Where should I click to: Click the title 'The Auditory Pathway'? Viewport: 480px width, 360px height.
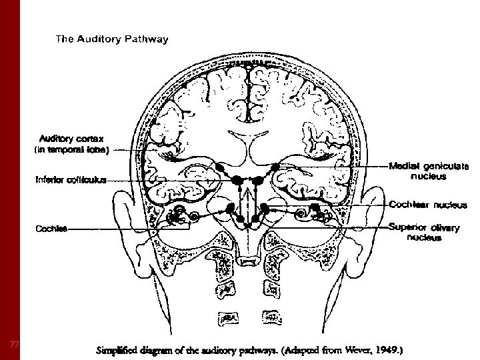click(112, 39)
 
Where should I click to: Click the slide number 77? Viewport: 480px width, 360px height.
click(14, 344)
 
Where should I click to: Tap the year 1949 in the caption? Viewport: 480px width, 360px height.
click(388, 349)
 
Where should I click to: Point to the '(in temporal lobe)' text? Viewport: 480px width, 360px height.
click(71, 150)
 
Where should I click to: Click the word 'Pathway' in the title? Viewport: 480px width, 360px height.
click(146, 39)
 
